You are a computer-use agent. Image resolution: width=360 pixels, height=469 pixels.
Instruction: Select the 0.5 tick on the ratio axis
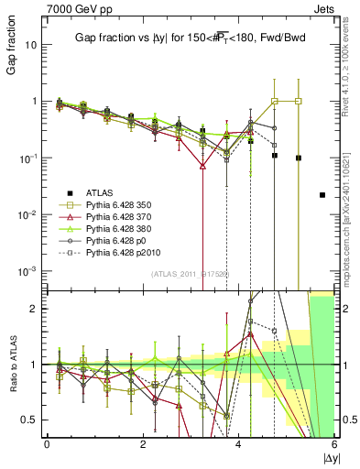(31, 420)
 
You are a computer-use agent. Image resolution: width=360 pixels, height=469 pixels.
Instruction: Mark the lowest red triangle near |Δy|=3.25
(202, 167)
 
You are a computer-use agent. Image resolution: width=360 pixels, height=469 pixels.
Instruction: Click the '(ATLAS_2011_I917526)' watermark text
(190, 274)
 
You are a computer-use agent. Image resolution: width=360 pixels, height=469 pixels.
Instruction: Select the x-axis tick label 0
(47, 444)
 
